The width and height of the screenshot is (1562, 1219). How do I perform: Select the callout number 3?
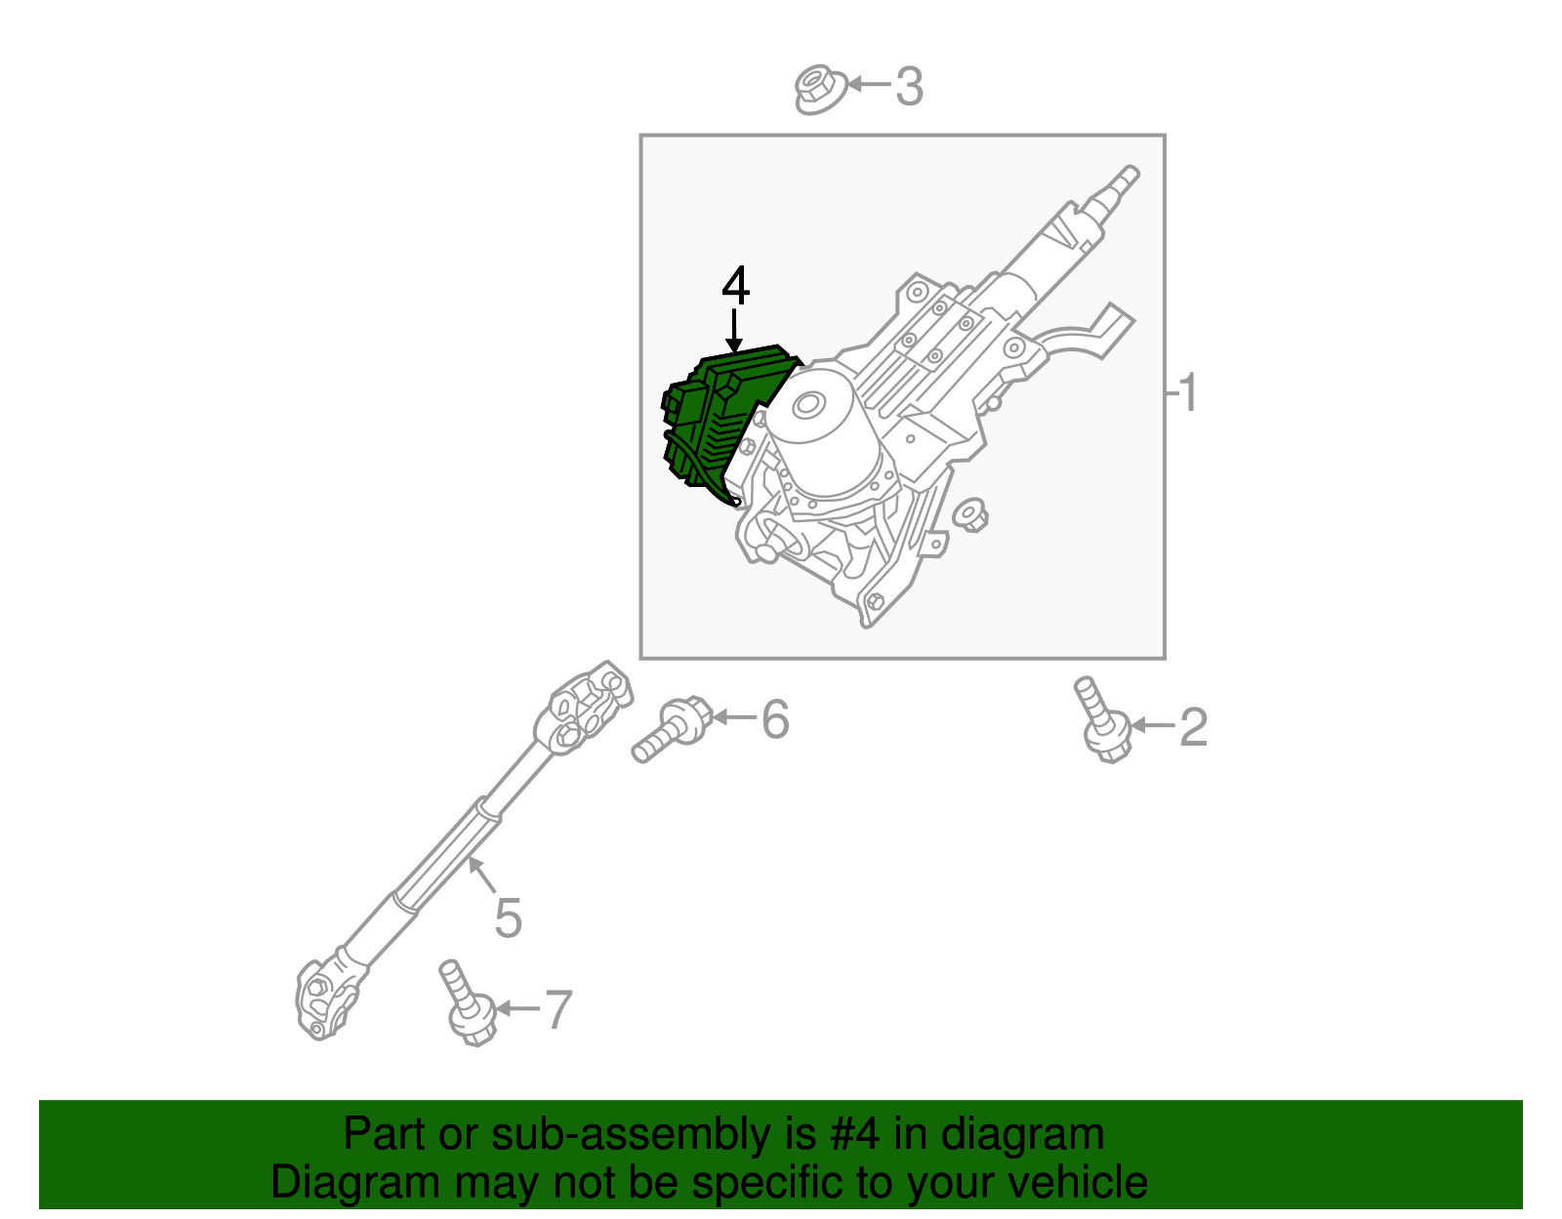[x=909, y=87]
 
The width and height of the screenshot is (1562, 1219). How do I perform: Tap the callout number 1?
[x=1187, y=393]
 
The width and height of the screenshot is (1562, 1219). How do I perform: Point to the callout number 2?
[x=1194, y=727]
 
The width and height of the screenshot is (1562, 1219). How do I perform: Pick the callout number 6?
[x=774, y=719]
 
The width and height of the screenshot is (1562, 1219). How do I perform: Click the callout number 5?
[x=508, y=917]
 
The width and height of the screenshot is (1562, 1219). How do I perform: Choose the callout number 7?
[x=557, y=1009]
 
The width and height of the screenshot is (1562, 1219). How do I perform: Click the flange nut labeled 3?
[x=818, y=89]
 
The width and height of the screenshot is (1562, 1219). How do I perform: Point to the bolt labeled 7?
[x=465, y=1005]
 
